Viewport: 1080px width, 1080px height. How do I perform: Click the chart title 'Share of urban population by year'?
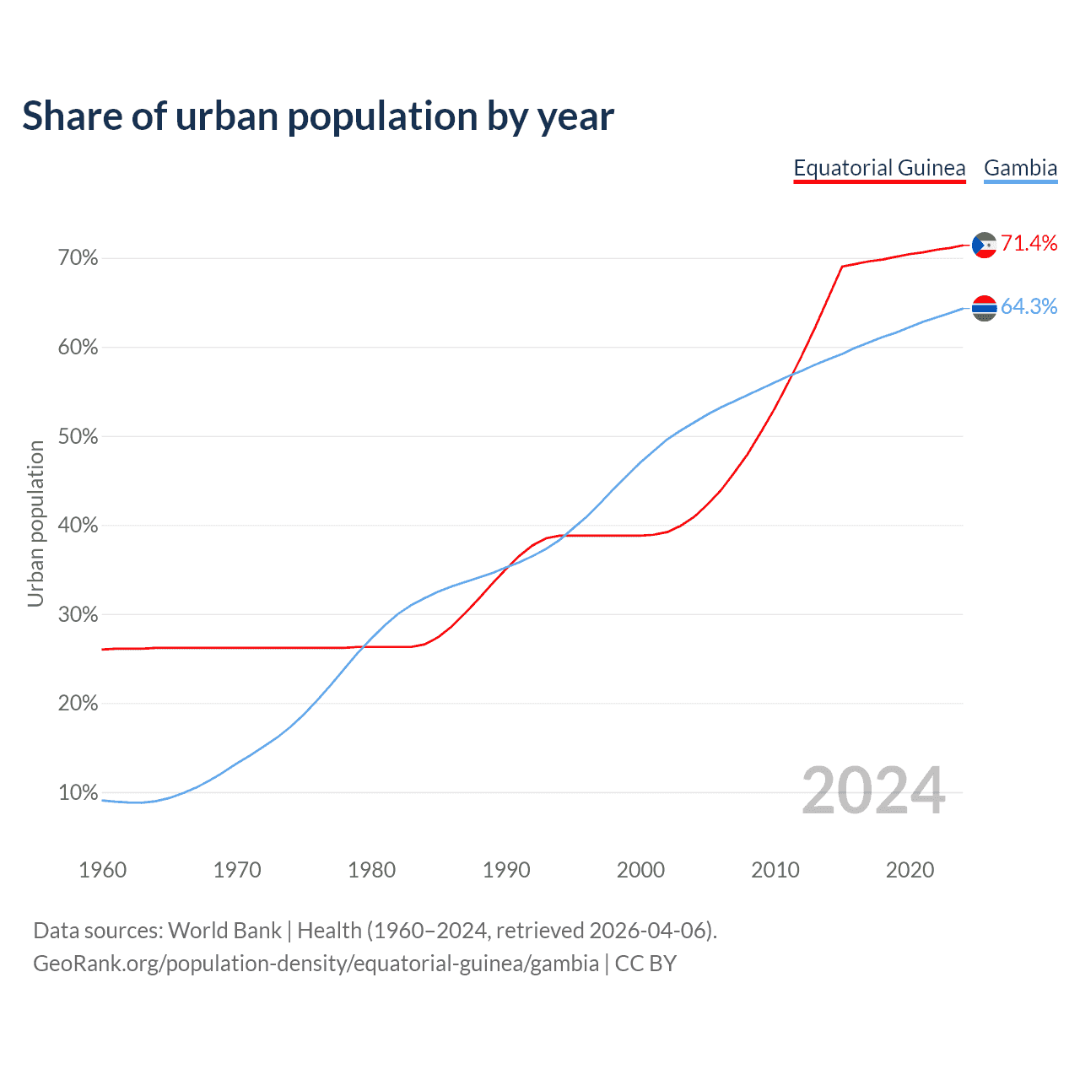(318, 116)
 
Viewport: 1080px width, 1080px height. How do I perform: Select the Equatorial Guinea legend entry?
(879, 168)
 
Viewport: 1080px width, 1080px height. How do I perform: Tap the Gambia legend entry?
(1020, 168)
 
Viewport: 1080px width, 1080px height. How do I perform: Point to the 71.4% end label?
(1029, 244)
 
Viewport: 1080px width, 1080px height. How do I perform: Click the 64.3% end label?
(1029, 307)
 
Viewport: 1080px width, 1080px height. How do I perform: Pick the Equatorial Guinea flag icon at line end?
(984, 245)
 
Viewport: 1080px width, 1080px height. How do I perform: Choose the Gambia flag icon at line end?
(984, 308)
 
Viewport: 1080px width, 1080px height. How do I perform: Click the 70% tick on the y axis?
(78, 258)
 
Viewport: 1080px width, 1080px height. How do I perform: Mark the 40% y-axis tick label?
(78, 526)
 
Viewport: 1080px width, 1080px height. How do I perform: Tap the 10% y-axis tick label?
(78, 793)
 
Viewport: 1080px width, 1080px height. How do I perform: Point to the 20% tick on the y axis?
(78, 704)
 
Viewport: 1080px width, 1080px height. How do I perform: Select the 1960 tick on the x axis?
(102, 870)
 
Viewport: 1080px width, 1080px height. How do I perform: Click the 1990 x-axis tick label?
(506, 870)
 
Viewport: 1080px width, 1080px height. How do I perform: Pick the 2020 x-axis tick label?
(910, 870)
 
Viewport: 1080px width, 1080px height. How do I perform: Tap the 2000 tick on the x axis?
(640, 870)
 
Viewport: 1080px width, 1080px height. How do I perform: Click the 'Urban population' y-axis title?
(35, 523)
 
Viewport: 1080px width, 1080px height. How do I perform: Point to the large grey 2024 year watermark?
(872, 791)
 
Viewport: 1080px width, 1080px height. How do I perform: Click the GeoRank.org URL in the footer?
(316, 964)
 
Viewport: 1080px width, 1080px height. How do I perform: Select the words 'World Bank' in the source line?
(224, 931)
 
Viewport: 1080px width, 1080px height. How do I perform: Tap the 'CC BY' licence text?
(645, 964)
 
